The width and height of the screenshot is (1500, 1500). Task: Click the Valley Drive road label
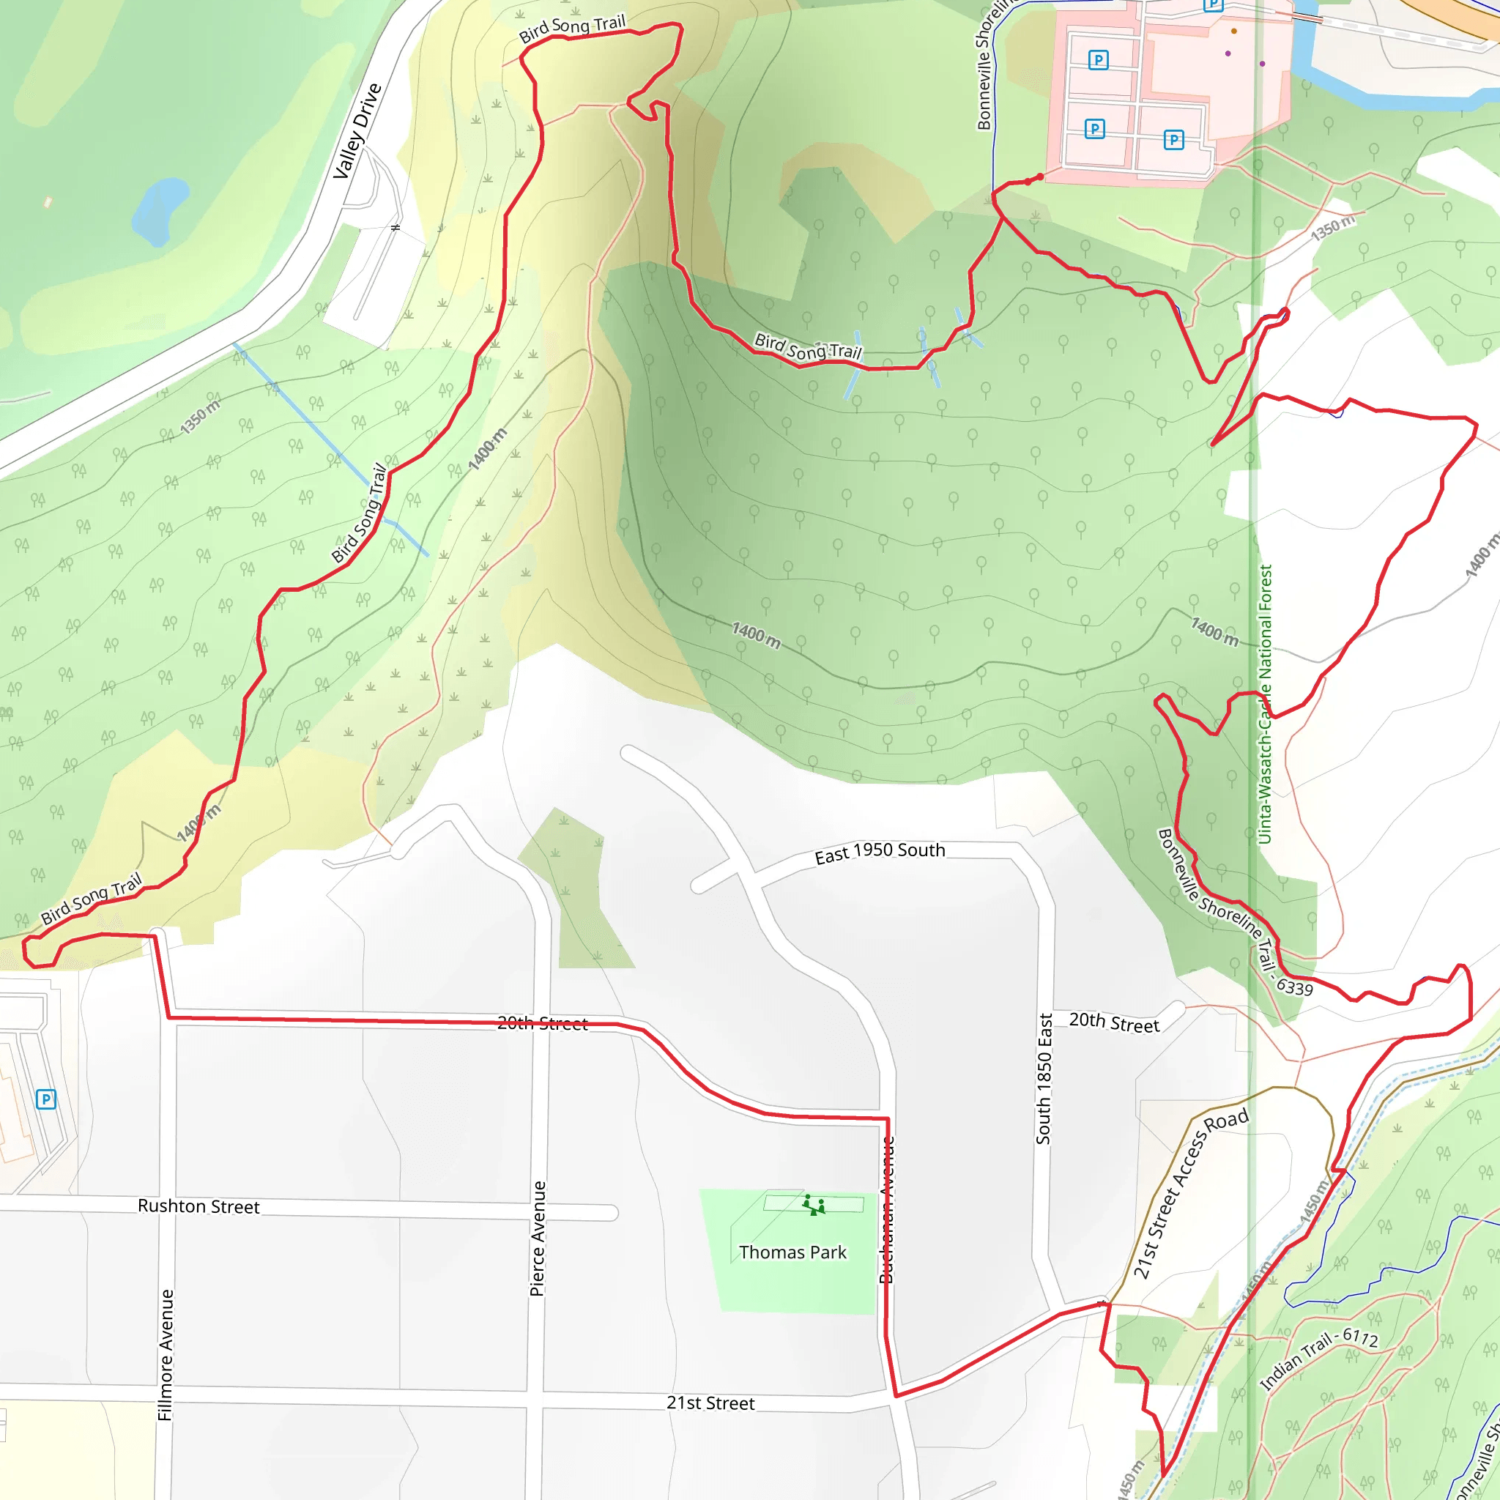357,130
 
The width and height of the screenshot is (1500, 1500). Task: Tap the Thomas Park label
792,1252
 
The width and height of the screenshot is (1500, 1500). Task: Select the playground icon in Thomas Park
813,1205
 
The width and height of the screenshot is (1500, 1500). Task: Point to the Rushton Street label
198,1206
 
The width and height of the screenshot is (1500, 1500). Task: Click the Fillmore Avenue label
166,1355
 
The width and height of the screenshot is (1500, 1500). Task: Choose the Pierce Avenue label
538,1239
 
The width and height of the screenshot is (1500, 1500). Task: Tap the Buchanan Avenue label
887,1210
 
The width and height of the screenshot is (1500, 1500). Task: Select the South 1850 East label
1044,1079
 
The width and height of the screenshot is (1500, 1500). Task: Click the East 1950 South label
880,853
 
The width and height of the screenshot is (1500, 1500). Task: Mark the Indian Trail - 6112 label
1318,1358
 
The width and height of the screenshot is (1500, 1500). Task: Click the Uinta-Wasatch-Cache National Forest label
1265,703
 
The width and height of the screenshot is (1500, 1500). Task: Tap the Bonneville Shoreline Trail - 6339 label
1233,913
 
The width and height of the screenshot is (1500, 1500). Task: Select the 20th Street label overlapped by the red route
542,1023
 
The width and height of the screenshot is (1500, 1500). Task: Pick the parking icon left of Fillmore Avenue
46,1099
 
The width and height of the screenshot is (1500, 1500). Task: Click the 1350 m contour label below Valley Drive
200,417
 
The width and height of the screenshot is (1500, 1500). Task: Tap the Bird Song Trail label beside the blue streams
809,346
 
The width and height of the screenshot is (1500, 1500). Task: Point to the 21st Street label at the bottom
710,1403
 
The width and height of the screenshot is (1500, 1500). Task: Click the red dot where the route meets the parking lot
1039,177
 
